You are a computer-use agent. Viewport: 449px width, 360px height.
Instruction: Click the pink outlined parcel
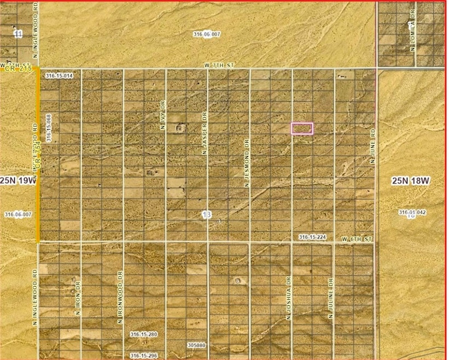coord(301,128)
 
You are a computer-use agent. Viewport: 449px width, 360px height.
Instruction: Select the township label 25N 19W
coord(19,181)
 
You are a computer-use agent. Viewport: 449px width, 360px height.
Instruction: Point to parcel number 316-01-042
coord(412,212)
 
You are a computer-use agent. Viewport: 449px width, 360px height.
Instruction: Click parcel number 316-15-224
coord(312,237)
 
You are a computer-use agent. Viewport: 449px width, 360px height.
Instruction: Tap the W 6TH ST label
coord(357,240)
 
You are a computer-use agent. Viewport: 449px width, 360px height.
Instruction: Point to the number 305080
coord(196,345)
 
